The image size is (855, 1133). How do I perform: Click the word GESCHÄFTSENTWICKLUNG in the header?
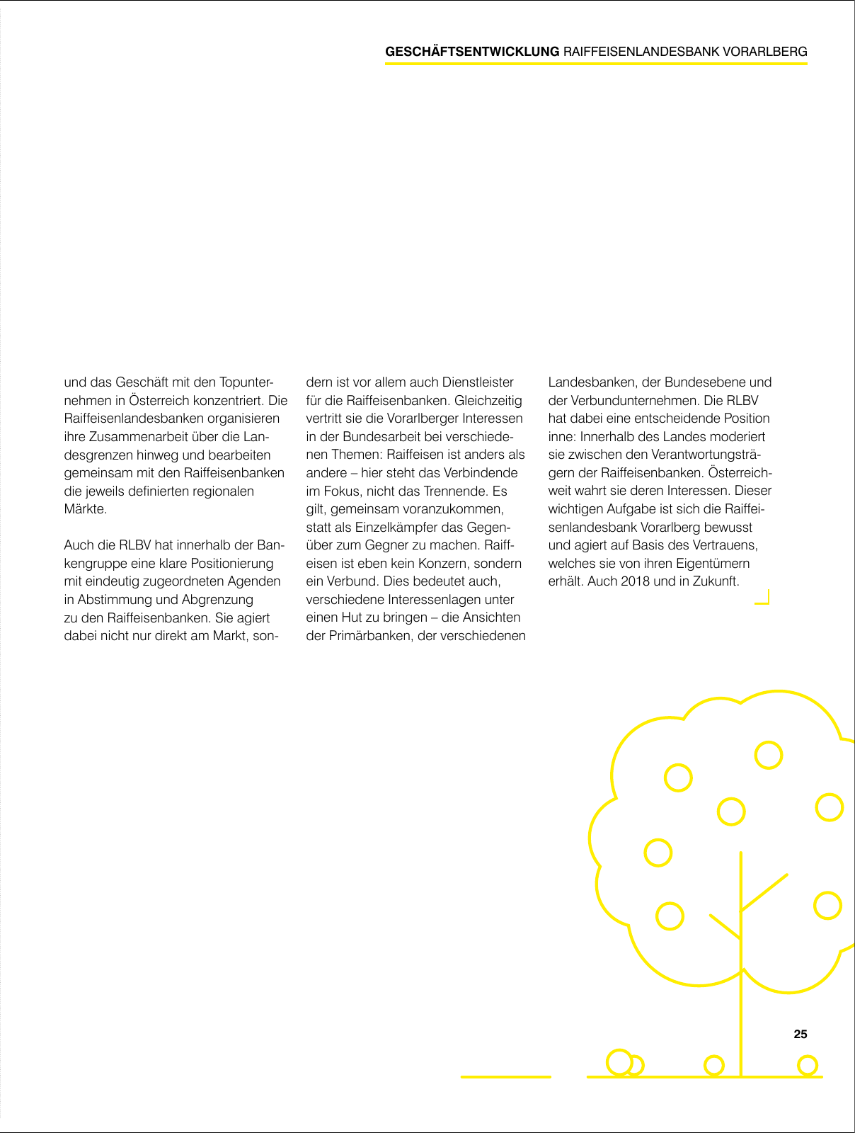[x=472, y=52]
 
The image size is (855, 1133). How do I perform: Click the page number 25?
[x=800, y=1034]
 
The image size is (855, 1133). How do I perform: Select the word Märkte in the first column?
[x=84, y=509]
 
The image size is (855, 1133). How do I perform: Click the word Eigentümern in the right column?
[x=715, y=564]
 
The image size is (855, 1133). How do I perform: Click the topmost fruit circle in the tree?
[x=768, y=755]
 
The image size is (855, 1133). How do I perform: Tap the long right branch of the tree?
[x=764, y=892]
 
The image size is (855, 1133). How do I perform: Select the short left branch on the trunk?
[x=725, y=927]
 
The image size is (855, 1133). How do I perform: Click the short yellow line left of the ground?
[x=505, y=1076]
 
